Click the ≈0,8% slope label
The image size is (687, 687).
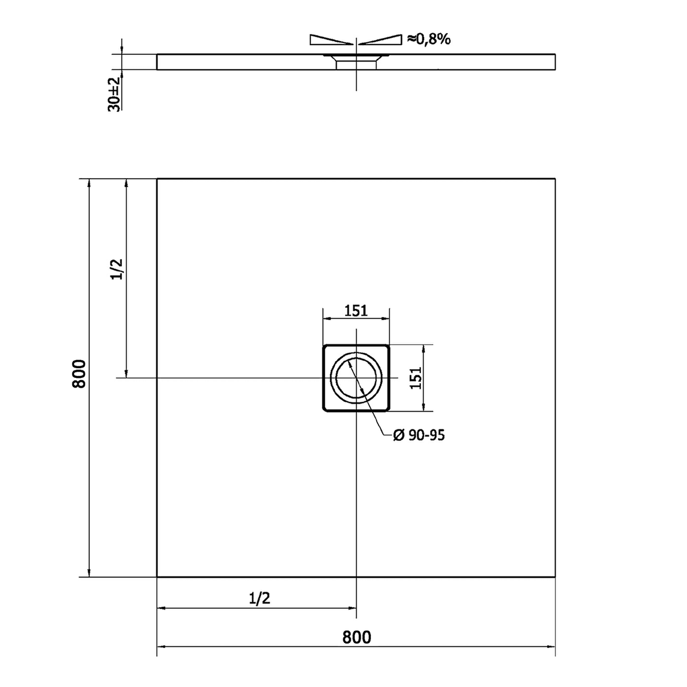(x=429, y=39)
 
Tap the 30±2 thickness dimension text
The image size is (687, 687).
(x=114, y=94)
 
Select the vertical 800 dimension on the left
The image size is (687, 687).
(x=79, y=374)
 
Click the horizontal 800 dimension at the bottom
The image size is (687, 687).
(x=357, y=637)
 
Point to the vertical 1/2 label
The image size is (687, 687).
(x=117, y=269)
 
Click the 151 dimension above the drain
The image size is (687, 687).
(x=356, y=311)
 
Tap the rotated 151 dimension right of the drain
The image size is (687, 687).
(x=415, y=378)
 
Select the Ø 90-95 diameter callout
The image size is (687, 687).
(x=419, y=435)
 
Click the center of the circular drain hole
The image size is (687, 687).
(x=356, y=378)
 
